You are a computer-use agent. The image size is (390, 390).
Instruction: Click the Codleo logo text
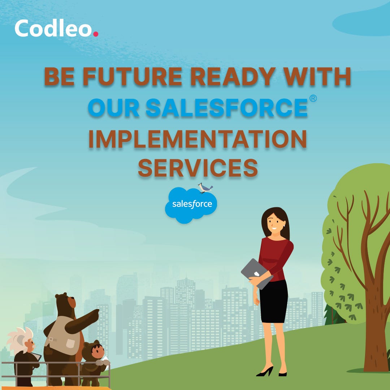pos(53,29)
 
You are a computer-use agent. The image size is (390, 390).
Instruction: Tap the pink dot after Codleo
pos(95,34)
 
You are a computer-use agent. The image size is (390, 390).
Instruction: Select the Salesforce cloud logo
pos(191,205)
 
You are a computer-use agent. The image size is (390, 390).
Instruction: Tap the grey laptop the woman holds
pos(254,273)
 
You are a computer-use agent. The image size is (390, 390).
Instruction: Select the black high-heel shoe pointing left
pos(265,372)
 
